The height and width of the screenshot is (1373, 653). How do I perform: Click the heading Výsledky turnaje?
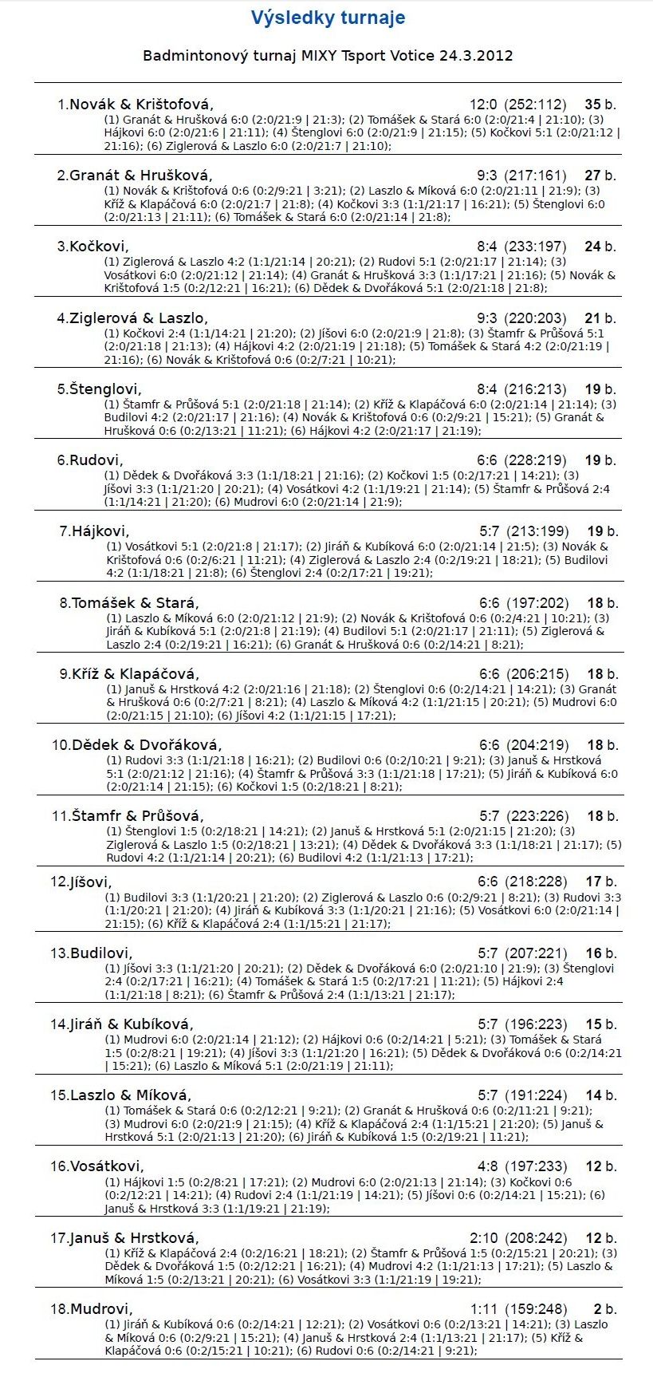tap(328, 18)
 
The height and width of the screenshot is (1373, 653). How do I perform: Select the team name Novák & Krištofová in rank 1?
tap(142, 105)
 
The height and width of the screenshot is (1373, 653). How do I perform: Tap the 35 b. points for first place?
tap(600, 105)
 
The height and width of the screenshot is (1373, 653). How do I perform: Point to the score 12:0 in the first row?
tap(483, 105)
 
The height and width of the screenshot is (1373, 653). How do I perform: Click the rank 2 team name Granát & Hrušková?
tap(141, 176)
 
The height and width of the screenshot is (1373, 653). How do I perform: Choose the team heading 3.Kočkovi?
tap(92, 247)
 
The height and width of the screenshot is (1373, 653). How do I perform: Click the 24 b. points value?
tap(600, 247)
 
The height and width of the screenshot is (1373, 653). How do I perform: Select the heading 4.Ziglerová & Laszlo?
tap(132, 318)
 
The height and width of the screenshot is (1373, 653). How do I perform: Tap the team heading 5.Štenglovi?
tap(99, 389)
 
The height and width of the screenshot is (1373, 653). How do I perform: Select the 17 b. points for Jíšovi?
tap(600, 882)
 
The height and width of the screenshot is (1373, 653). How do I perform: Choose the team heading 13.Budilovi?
tap(92, 953)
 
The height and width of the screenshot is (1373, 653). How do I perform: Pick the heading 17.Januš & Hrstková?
tap(124, 1238)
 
